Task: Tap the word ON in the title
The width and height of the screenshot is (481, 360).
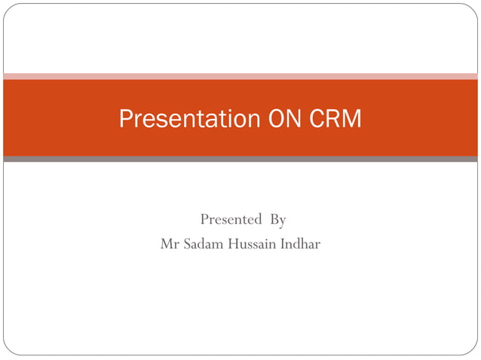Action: [283, 119]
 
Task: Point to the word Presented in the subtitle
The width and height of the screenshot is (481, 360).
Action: [231, 220]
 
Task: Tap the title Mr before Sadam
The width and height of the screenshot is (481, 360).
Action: [168, 245]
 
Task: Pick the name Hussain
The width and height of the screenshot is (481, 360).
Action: [250, 245]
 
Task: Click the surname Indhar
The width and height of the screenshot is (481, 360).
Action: [300, 245]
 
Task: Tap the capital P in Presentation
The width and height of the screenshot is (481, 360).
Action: [126, 119]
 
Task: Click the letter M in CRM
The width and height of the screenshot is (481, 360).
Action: [353, 119]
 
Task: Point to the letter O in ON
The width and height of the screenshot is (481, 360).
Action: [275, 119]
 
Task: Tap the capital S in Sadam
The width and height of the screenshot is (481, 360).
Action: [185, 245]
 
